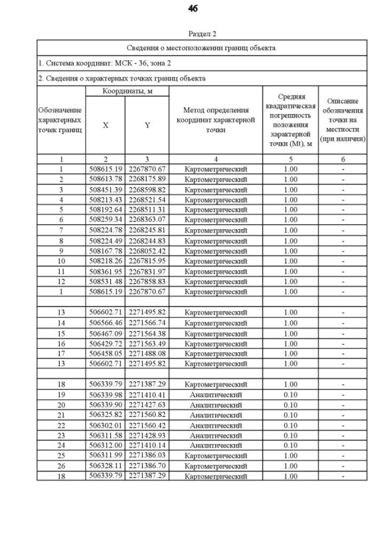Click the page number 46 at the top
(192, 8)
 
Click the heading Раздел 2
(201, 34)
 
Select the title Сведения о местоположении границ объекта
(201, 48)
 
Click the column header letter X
(106, 125)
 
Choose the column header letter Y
(147, 125)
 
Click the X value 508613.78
(106, 179)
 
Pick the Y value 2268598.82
(147, 189)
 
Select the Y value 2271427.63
(147, 405)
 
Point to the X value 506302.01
(106, 425)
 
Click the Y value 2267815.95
(147, 261)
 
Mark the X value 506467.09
(106, 333)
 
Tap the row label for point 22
(61, 425)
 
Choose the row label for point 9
(61, 250)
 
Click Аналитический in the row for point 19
(216, 395)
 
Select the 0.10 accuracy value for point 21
(291, 415)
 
